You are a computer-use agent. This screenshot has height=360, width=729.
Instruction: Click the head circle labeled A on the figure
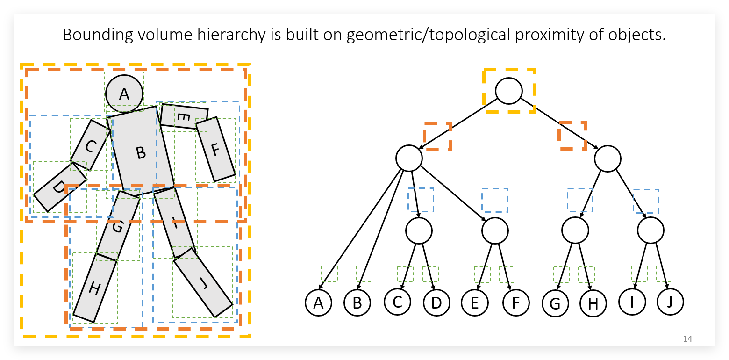point(124,94)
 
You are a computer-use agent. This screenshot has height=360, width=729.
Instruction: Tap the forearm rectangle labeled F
point(215,150)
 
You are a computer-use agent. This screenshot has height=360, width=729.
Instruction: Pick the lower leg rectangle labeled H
point(95,290)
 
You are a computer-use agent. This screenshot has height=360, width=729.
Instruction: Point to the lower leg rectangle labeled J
point(203,283)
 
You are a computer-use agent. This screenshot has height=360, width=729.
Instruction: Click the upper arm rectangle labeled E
point(183,117)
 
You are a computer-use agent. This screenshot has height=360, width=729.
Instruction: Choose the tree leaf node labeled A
point(318,302)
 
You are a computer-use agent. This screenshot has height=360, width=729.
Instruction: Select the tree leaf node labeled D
point(436,302)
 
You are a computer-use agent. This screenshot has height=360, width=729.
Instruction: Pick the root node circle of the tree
point(509,91)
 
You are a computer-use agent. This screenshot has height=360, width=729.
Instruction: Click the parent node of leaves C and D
point(419,230)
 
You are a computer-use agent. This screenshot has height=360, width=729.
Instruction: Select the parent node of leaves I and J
point(650,230)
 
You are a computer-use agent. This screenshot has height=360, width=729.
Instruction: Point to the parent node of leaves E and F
point(495,230)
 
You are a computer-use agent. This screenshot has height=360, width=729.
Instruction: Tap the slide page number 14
point(687,338)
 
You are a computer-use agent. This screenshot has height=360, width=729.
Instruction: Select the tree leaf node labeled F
point(516,302)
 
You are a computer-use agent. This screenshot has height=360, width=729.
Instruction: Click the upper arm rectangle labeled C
point(90,145)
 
